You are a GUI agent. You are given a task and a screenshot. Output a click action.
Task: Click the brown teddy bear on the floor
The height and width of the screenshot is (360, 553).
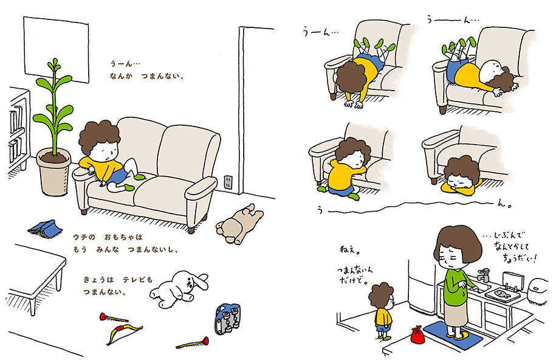pos(239,224)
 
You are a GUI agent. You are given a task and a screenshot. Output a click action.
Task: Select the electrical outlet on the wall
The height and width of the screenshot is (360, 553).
pos(228,182)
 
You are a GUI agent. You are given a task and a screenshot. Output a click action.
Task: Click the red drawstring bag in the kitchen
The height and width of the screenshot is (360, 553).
pos(417,334)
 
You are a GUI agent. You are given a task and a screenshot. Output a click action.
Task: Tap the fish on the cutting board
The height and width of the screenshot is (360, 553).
pos(503,294)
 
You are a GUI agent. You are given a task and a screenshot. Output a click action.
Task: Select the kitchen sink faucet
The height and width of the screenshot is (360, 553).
pos(484,275)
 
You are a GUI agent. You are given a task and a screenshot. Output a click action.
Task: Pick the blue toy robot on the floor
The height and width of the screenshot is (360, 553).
pos(227,319)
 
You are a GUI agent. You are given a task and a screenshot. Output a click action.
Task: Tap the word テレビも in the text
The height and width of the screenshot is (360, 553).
pos(137,280)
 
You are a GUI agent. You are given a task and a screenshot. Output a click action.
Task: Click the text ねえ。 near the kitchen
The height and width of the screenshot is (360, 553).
pos(350,250)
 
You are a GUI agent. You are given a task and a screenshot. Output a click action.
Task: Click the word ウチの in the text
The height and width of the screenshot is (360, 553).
pos(84,237)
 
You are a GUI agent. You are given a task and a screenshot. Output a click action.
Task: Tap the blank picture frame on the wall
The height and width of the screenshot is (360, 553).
pos(56,49)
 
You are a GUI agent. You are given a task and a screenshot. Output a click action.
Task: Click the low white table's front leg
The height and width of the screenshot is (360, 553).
pos(32,306)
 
